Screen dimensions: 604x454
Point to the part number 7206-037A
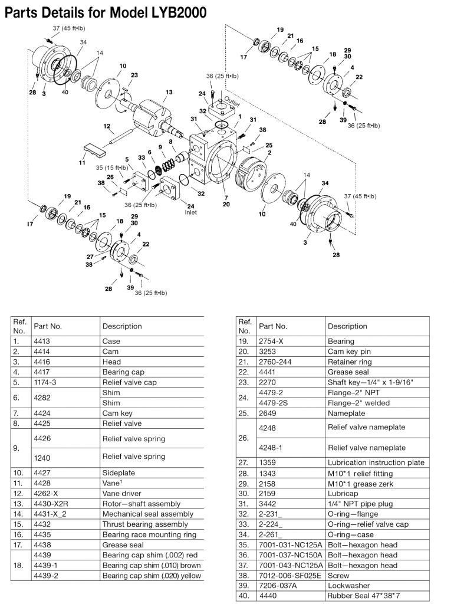pos(277,586)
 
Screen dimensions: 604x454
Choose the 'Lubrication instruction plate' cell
pos(376,462)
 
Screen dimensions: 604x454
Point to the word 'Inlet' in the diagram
pos(190,212)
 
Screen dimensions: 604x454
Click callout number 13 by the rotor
pos(169,93)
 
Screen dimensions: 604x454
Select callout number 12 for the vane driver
pos(107,126)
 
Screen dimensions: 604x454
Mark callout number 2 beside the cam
pos(269,153)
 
